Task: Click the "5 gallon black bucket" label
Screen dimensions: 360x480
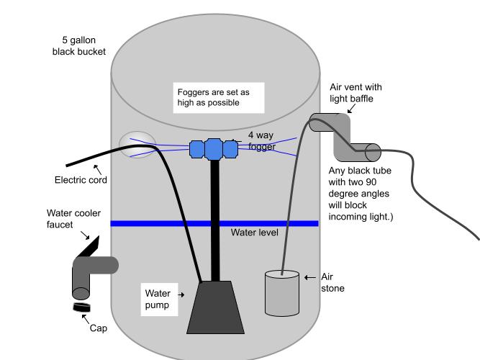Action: click(x=79, y=46)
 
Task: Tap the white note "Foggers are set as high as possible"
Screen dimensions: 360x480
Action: click(x=219, y=97)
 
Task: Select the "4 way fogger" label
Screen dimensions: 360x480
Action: click(x=261, y=140)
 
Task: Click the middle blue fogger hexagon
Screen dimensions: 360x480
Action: click(x=214, y=148)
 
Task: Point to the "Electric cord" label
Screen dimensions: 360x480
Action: click(x=81, y=180)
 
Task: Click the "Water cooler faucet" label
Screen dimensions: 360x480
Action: click(x=73, y=219)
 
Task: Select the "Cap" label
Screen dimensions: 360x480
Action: click(x=98, y=328)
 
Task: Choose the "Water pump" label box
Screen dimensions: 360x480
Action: click(x=158, y=299)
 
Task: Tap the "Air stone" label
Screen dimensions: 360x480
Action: click(x=332, y=282)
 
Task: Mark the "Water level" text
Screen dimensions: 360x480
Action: click(x=254, y=233)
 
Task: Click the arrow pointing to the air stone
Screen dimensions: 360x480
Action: click(x=309, y=277)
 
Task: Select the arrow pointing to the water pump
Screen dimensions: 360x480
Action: click(x=180, y=294)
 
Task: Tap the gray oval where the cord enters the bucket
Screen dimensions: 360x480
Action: click(x=137, y=145)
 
